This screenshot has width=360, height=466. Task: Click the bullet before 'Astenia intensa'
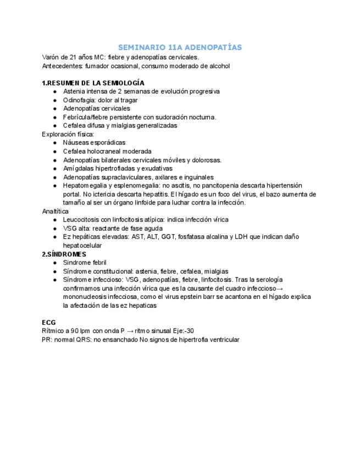tap(55, 92)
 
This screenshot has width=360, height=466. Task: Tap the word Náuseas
tap(76, 143)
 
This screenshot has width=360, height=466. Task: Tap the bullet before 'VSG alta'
tap(55, 228)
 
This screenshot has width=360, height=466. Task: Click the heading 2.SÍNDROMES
tap(64, 254)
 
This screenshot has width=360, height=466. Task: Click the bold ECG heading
tap(48, 322)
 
